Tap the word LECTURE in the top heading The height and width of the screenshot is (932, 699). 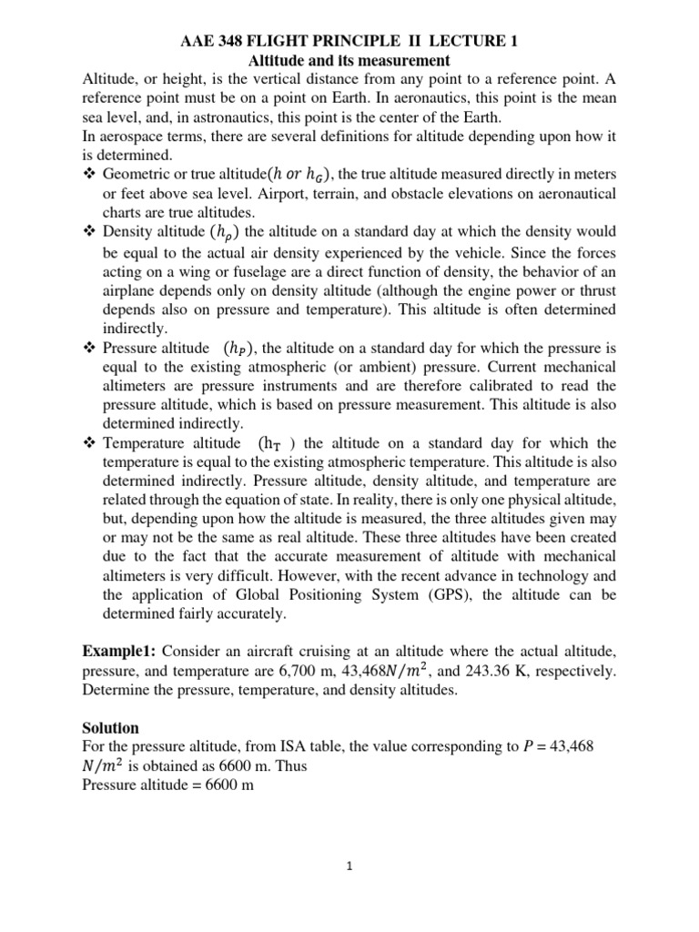475,42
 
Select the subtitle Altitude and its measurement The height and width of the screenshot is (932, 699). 349,61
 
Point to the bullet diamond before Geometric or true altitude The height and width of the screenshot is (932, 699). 89,173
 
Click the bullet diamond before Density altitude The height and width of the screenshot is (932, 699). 89,231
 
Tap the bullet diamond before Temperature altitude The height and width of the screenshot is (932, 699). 89,443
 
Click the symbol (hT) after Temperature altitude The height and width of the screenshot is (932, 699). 277,443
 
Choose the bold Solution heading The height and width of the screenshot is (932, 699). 111,728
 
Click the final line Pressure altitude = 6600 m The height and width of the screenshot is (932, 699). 167,785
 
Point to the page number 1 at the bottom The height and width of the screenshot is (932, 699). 349,867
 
